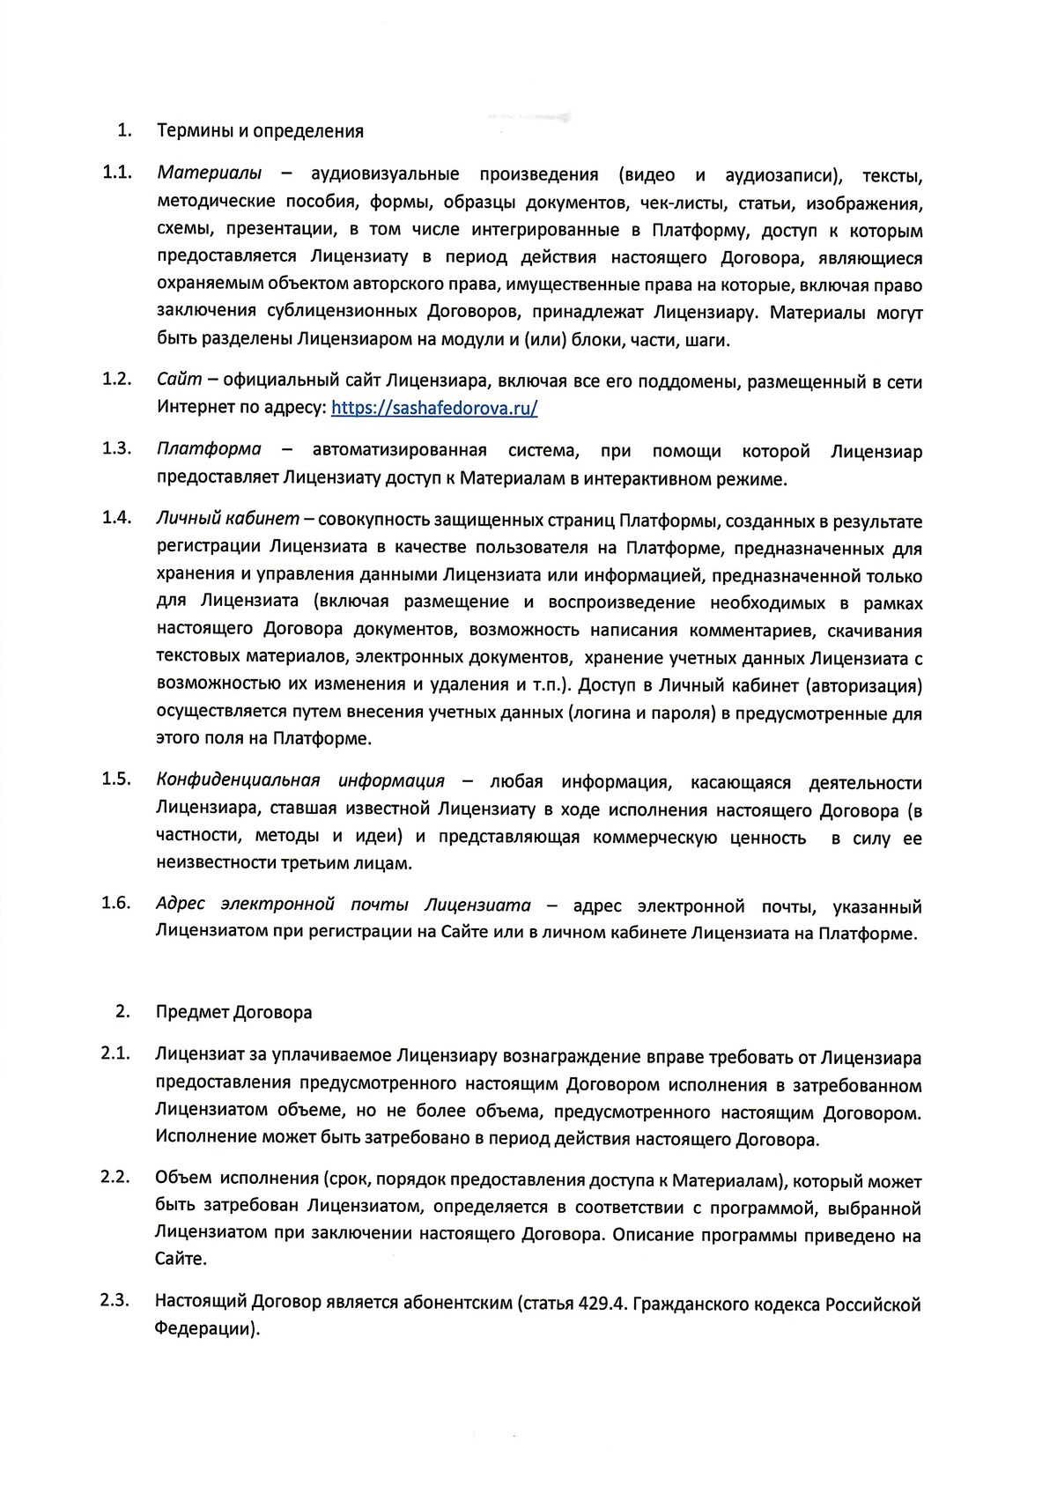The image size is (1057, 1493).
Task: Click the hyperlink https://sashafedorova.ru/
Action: click(x=434, y=408)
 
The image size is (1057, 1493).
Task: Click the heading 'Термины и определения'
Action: click(x=260, y=131)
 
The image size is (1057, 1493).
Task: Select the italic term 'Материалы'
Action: click(x=208, y=174)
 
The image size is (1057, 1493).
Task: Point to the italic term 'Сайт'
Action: click(x=179, y=381)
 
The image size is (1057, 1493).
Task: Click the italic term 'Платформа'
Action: click(x=209, y=450)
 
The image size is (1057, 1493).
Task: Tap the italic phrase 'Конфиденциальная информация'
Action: click(x=300, y=781)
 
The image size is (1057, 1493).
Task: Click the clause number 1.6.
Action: click(x=116, y=903)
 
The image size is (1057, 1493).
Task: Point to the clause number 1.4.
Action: click(x=116, y=517)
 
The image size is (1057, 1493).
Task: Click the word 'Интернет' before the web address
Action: click(x=196, y=408)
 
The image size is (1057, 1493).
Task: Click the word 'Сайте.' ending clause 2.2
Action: click(x=181, y=1260)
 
